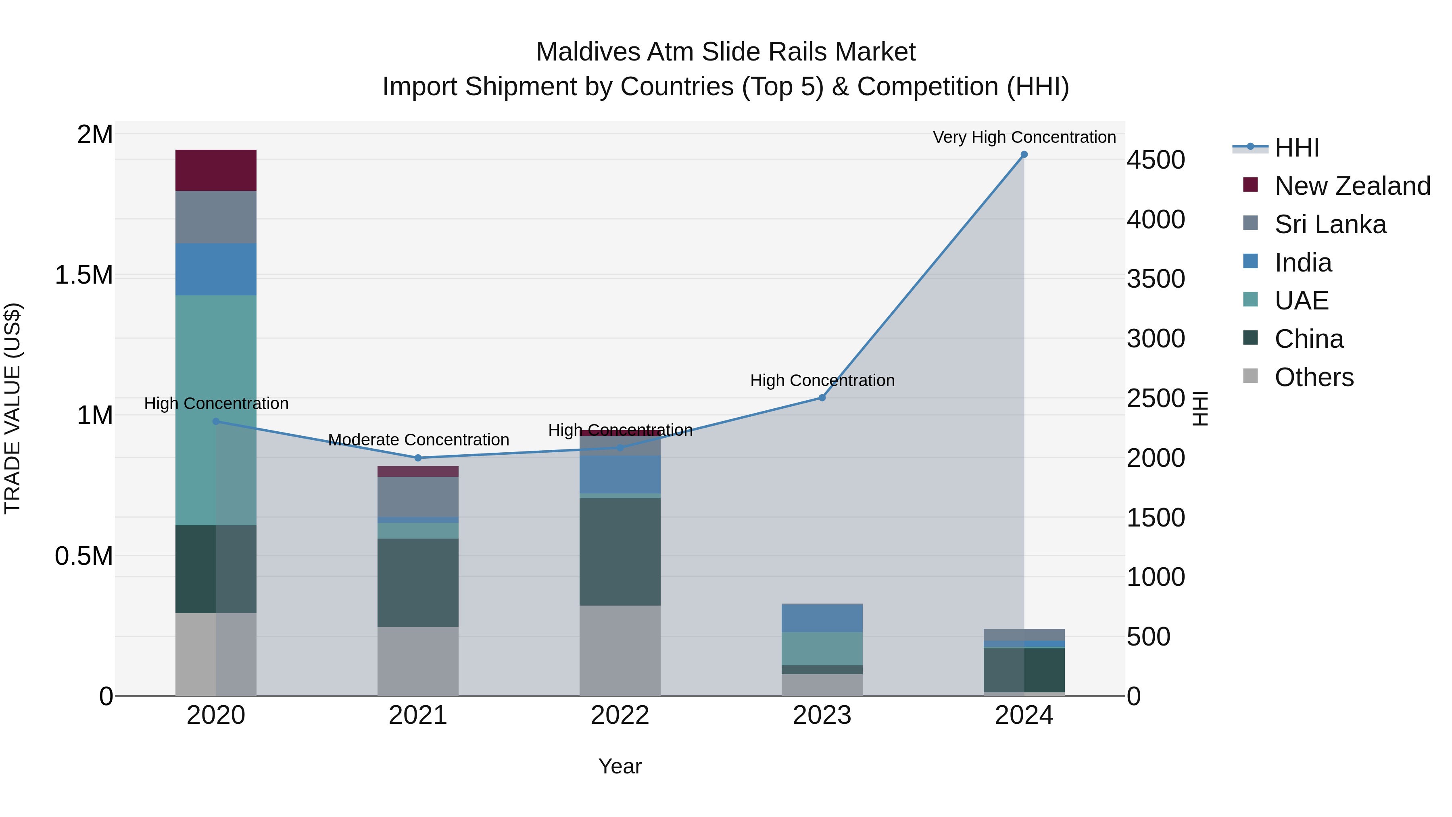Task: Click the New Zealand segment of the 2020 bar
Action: coord(216,170)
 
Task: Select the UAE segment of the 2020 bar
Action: coord(216,410)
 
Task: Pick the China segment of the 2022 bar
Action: coord(620,552)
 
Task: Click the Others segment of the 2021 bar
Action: coord(418,661)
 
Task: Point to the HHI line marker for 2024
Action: coord(1024,155)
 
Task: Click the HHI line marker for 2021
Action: coord(418,458)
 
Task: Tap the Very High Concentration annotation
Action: coord(1024,137)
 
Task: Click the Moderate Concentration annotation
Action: coord(418,440)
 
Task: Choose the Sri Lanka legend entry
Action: coord(1330,224)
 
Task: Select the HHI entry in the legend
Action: coord(1296,148)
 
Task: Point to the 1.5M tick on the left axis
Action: coord(84,275)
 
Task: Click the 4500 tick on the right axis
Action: coord(1156,160)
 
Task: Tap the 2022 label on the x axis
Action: coord(620,715)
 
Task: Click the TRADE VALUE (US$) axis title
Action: coord(13,408)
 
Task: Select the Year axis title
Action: coord(620,766)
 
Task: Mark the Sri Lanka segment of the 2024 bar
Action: coord(1024,635)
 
